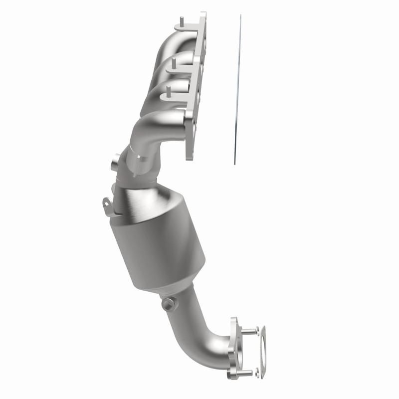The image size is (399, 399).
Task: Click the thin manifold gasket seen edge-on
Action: click(236, 90)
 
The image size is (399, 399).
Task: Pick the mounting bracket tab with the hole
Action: click(106, 203)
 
